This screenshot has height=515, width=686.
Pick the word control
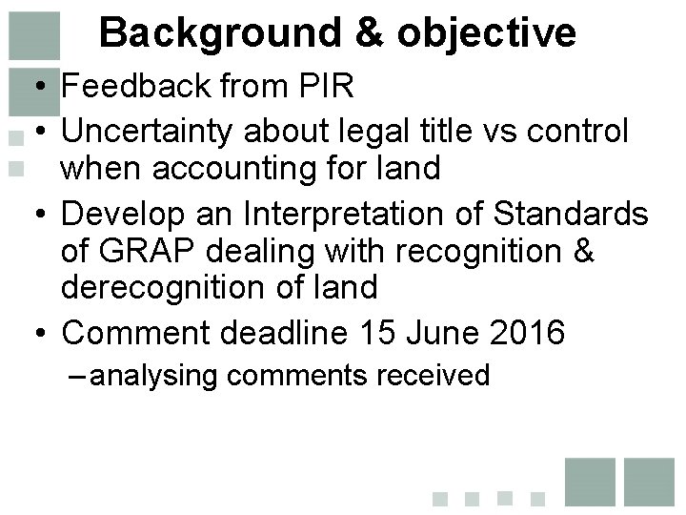coord(585,129)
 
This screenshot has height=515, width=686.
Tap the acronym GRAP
coord(155,252)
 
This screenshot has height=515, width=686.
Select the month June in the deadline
coord(444,334)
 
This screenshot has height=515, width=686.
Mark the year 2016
coord(530,334)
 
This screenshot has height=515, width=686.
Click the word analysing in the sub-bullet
coord(156,376)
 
